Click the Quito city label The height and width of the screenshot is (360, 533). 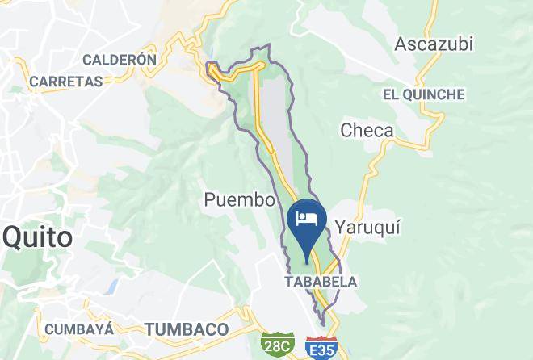tap(38, 237)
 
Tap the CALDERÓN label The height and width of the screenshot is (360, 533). tap(119, 59)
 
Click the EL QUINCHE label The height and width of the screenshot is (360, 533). tap(424, 94)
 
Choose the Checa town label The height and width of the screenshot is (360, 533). tap(367, 130)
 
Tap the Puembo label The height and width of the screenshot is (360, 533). tap(241, 200)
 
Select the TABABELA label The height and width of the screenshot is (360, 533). tap(320, 282)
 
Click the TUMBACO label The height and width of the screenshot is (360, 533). tap(187, 329)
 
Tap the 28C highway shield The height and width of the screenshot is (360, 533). tap(276, 345)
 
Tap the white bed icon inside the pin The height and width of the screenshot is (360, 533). tap(307, 217)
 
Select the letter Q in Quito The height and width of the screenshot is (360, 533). tap(13, 237)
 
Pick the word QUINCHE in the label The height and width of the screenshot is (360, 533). tap(435, 94)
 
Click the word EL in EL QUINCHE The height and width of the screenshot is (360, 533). tap(391, 94)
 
